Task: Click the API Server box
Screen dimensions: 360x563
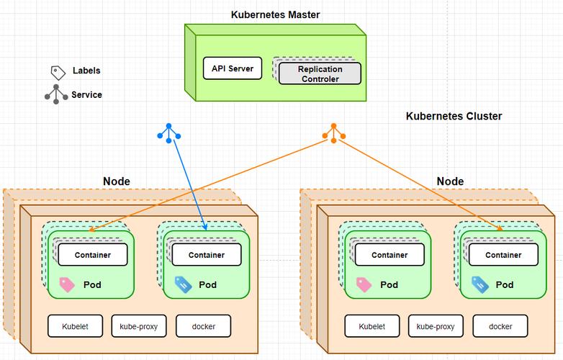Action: point(232,68)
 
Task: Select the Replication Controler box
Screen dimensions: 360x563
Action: point(319,73)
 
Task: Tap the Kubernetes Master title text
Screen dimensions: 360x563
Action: point(275,14)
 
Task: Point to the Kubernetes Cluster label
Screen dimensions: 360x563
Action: point(454,116)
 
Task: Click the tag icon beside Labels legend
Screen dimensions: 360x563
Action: point(58,72)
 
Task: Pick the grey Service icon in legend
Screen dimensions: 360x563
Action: point(56,94)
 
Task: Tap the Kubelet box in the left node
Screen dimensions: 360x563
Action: point(76,326)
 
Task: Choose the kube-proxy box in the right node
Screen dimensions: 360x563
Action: point(435,326)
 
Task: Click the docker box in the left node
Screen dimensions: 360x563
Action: point(204,326)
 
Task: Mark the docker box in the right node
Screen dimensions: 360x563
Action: point(500,326)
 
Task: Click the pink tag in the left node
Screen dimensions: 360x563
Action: point(67,284)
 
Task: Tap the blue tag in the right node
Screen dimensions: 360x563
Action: point(479,284)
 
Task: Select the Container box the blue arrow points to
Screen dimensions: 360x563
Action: point(207,255)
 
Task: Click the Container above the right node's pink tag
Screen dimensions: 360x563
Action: point(389,255)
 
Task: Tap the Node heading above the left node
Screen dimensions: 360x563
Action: point(117,181)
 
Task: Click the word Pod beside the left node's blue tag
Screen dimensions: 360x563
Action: point(208,284)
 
